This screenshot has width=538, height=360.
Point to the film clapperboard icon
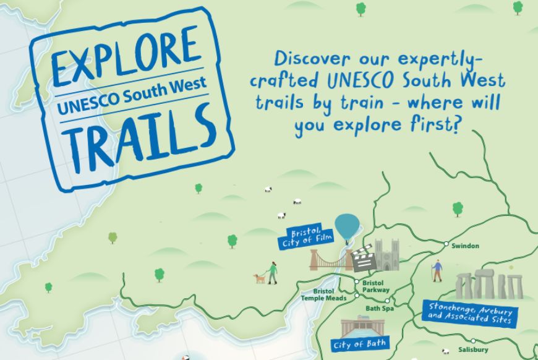click(x=362, y=259)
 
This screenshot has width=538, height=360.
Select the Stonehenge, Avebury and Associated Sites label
click(x=468, y=312)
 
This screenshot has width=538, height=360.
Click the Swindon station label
click(x=465, y=246)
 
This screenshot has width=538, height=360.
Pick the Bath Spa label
click(x=379, y=308)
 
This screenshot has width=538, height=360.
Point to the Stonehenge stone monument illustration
click(x=489, y=285)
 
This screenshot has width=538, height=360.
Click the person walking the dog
click(x=272, y=272)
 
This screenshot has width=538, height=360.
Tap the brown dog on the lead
click(x=259, y=278)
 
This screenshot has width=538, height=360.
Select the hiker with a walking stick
click(x=437, y=270)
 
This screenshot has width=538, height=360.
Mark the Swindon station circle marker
click(x=446, y=244)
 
